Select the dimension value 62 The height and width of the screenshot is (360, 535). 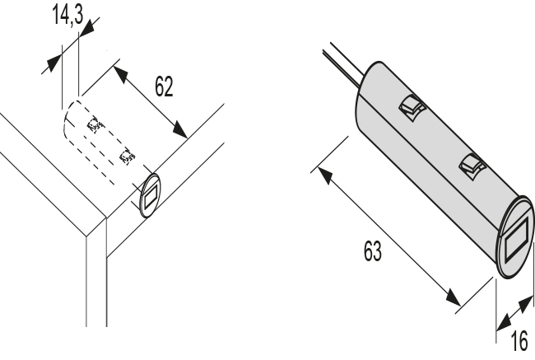pyautogui.click(x=163, y=86)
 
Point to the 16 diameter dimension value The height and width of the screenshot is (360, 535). pyautogui.click(x=517, y=339)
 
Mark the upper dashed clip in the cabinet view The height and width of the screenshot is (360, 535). pyautogui.click(x=96, y=125)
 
